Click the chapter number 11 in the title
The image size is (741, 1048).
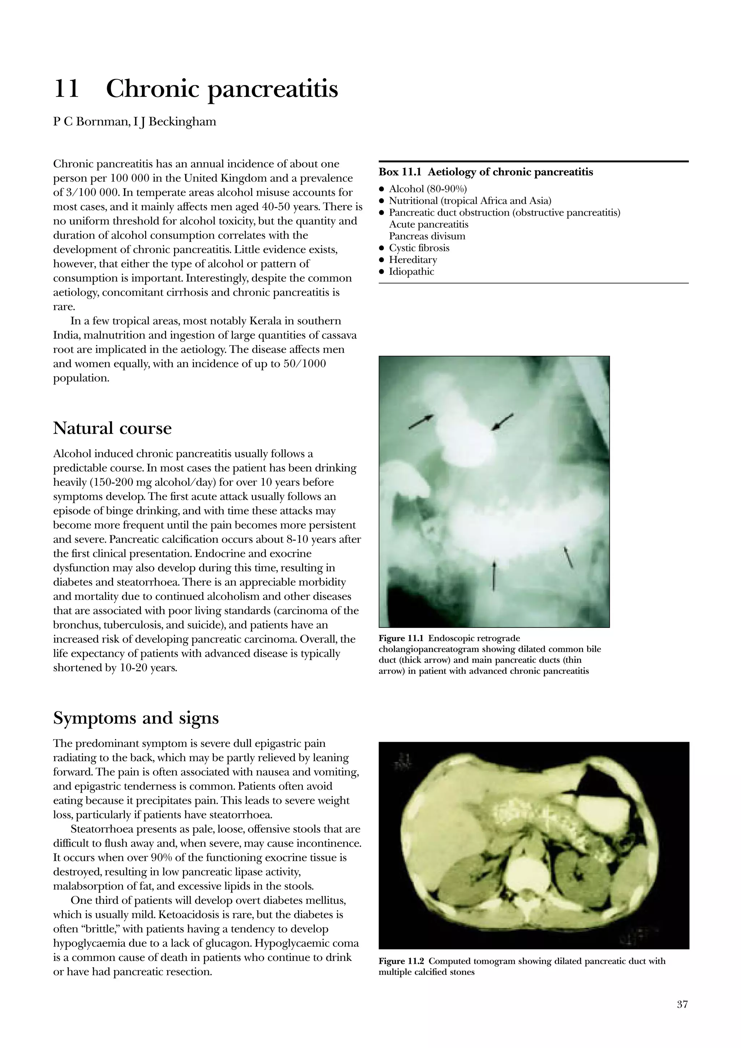67,89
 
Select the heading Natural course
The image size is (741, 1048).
112,428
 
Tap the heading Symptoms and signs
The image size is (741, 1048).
136,718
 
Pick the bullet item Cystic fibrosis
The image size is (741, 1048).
419,248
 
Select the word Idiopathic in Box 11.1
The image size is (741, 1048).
411,272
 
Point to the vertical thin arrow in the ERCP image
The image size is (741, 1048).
494,576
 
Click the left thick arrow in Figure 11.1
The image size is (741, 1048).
421,422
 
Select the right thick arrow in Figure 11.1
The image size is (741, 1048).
502,421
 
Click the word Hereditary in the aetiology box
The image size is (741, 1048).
413,260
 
